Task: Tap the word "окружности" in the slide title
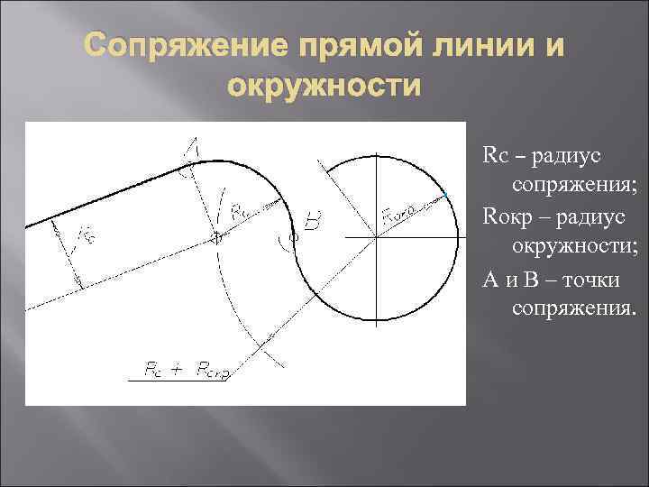coord(324,87)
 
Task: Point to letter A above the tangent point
coord(192,147)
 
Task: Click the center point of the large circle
coord(376,237)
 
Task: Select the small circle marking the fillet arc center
coord(217,238)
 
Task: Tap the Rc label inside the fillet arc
coord(240,213)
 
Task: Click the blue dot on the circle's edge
coord(445,194)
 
